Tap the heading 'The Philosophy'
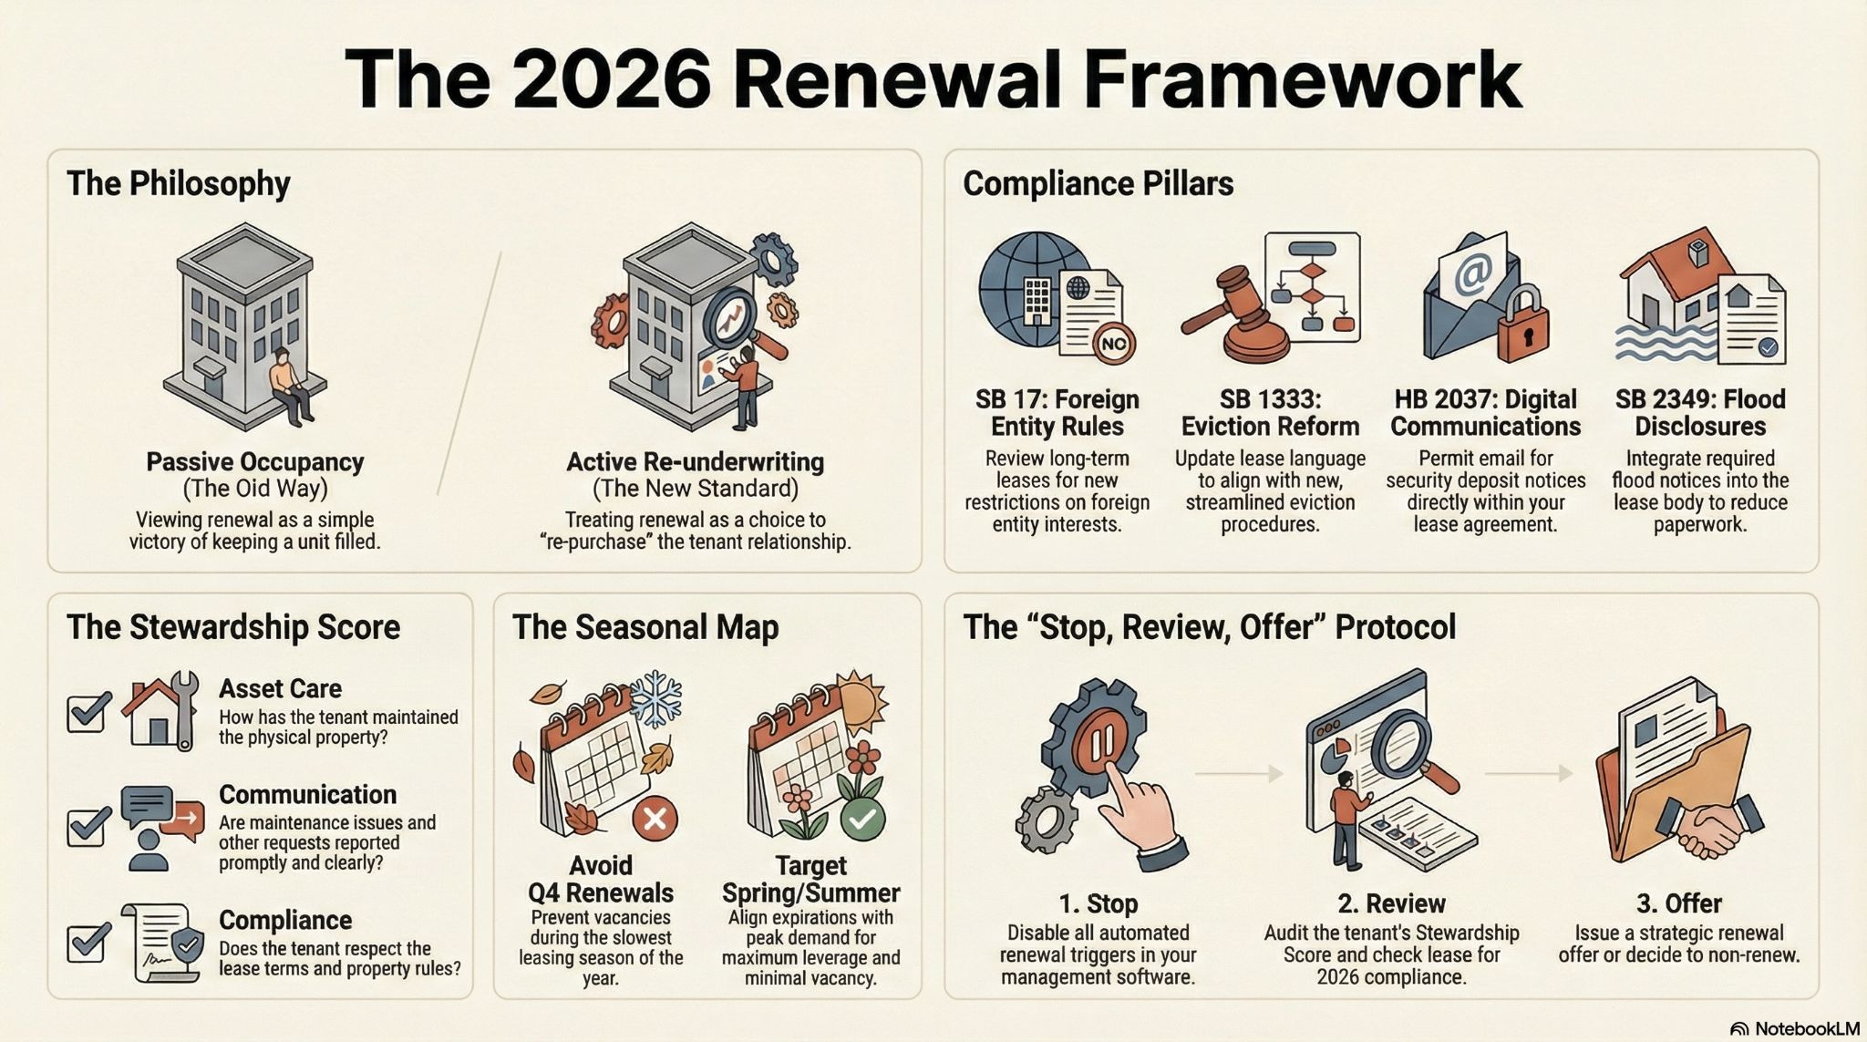(178, 183)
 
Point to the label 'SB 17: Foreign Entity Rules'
(1057, 413)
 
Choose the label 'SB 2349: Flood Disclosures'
(1700, 413)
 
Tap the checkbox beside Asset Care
(88, 712)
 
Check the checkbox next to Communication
(88, 826)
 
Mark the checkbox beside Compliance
(88, 942)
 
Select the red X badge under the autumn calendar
(655, 818)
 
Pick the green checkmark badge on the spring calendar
(862, 818)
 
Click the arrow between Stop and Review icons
(1238, 773)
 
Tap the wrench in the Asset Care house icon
(184, 708)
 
